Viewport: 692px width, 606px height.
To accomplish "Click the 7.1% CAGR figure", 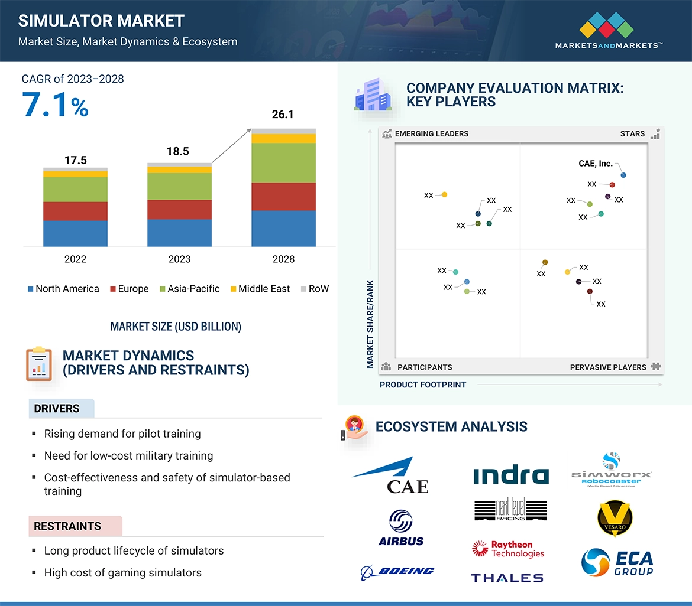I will coord(55,105).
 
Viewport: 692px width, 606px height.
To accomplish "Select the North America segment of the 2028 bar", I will coord(283,229).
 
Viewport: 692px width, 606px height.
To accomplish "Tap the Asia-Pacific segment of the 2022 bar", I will coord(75,190).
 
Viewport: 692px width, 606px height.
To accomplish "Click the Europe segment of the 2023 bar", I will coord(179,210).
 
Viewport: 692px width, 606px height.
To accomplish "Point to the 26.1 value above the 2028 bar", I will coord(283,115).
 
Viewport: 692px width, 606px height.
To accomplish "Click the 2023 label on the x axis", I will coord(179,259).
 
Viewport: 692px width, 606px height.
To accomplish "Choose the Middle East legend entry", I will coord(260,289).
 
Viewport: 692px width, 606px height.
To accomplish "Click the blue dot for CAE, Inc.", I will coord(623,175).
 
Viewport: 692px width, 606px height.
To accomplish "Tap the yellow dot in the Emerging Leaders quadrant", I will coord(444,194).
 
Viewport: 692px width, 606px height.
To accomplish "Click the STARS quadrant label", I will coord(632,134).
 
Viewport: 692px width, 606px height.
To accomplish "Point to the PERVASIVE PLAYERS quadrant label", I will coord(608,367).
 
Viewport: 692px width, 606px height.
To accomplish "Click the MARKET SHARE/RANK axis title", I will coord(370,324).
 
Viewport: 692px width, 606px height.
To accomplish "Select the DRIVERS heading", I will coord(57,409).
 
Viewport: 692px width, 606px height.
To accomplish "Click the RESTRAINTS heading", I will coord(67,526).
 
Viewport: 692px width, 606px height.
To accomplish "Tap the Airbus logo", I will coord(401,528).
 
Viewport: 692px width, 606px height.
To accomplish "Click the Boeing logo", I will coord(397,571).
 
